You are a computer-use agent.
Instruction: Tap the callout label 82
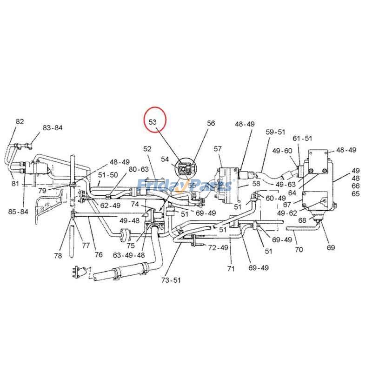(20, 121)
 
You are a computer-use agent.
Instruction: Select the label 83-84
(53, 128)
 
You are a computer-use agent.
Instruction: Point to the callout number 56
(211, 123)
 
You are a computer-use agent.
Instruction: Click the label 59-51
(275, 132)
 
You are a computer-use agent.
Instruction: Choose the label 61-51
(302, 138)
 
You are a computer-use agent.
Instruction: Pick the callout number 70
(299, 250)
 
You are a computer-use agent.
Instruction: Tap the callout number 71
(231, 269)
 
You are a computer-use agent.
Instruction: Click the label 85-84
(19, 212)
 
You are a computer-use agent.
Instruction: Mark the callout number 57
(218, 149)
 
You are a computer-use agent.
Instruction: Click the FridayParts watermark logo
(184, 186)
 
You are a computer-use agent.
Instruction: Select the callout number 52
(147, 149)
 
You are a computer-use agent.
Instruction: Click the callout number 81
(15, 184)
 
